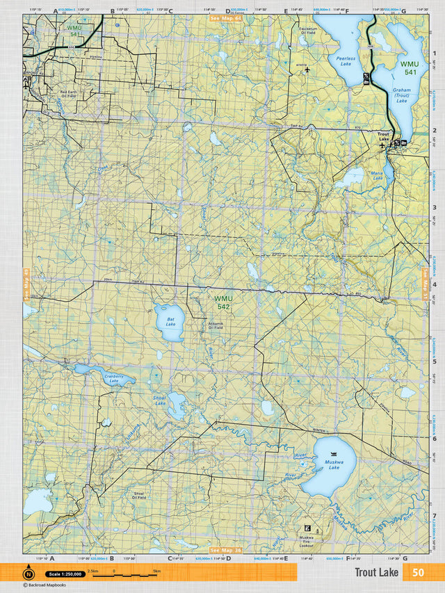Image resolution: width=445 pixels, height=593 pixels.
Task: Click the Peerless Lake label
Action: pos(345,62)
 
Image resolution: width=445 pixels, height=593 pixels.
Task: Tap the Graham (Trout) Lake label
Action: pos(401,95)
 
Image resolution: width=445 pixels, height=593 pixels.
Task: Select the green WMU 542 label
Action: pos(222,302)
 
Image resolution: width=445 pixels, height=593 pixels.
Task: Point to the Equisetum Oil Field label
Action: pos(308,31)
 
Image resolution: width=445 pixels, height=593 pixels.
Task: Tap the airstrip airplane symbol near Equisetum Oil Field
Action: pos(307,70)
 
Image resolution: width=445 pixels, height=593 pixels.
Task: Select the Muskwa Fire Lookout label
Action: pos(307,541)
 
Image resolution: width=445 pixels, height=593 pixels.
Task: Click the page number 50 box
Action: pos(417,572)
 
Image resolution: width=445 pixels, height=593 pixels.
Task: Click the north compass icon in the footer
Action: pos(29,574)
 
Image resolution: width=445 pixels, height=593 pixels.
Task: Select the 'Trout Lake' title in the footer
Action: pos(376,572)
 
